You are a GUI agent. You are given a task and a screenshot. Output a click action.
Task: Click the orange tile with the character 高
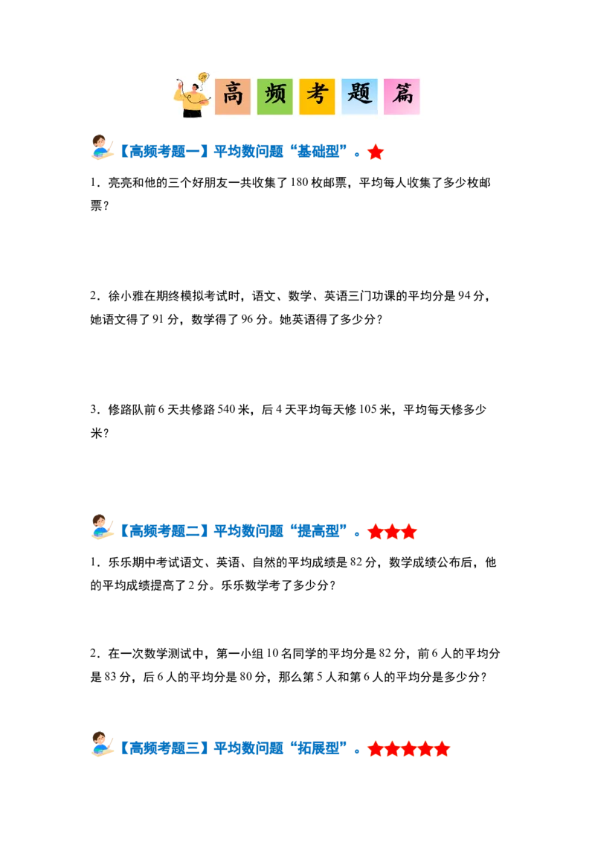(x=233, y=97)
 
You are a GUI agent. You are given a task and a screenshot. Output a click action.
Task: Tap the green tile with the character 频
(x=275, y=97)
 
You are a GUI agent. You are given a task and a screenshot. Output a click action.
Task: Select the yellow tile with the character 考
(x=317, y=97)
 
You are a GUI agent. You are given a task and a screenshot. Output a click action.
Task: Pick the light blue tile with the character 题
(x=359, y=97)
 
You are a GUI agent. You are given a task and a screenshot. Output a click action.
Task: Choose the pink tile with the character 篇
(x=402, y=97)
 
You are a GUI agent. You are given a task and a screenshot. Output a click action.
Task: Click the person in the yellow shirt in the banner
(x=192, y=101)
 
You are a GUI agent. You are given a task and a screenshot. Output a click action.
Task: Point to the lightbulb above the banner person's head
(x=203, y=77)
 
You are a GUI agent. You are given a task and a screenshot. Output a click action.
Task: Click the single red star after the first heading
(x=376, y=152)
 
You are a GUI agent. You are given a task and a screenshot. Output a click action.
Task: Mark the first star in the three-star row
(x=376, y=532)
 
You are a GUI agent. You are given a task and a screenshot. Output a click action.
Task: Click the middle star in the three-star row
(x=392, y=532)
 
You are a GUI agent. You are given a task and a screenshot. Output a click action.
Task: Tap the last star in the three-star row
(x=409, y=532)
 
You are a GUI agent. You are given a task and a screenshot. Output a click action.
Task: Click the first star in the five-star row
(x=376, y=749)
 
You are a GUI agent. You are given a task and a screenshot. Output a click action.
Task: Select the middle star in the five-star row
(x=408, y=749)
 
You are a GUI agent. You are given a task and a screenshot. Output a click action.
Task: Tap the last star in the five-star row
(x=442, y=749)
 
